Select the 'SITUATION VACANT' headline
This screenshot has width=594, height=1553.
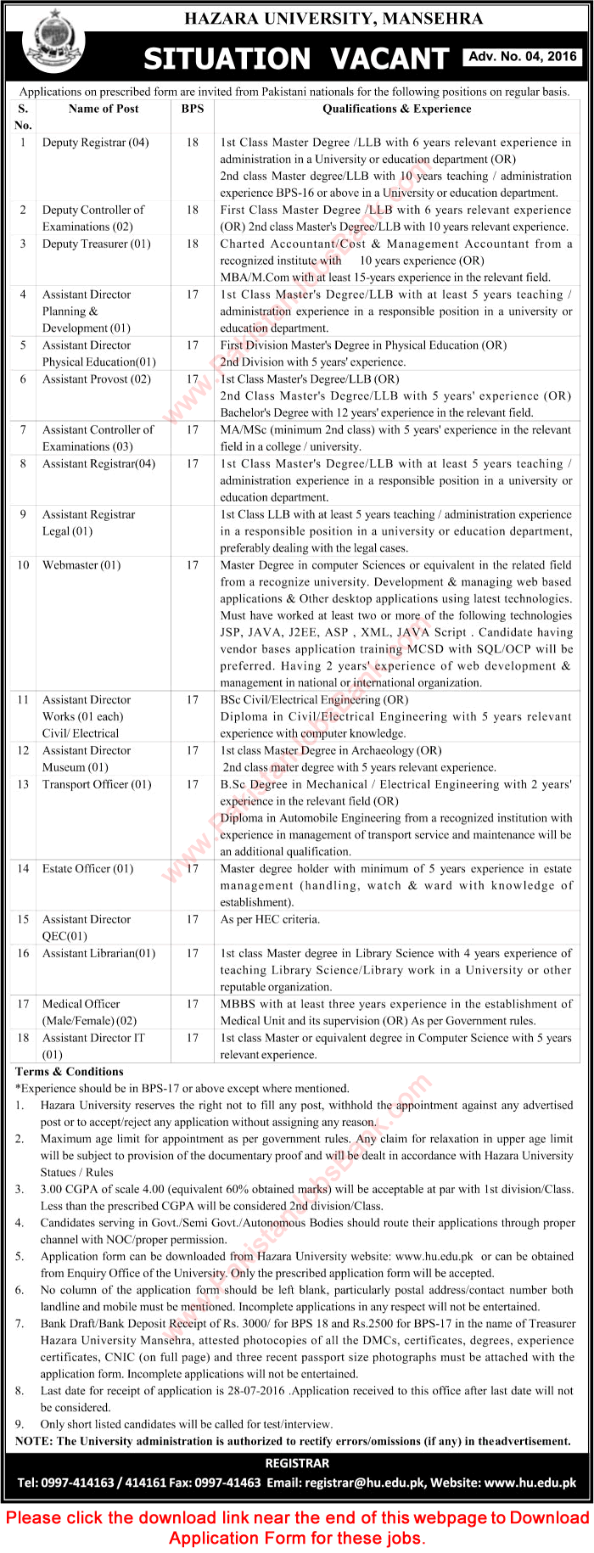click(296, 58)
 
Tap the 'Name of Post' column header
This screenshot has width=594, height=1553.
click(104, 109)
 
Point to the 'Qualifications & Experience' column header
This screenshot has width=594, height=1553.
click(396, 109)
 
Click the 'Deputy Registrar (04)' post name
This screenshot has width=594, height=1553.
click(95, 143)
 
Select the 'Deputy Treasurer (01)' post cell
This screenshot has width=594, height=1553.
click(96, 244)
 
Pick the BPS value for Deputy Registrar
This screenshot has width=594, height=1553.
click(193, 143)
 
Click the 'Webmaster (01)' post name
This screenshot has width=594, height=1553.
click(81, 565)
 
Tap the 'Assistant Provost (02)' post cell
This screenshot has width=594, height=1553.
click(97, 379)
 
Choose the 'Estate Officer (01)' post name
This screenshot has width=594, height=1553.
click(87, 868)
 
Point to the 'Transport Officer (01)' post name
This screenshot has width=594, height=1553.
click(97, 784)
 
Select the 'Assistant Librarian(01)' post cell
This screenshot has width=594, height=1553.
click(98, 953)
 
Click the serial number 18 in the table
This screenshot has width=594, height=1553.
click(23, 1038)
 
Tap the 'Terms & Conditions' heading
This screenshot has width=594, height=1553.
click(70, 1072)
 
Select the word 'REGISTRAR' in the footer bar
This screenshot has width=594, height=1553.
click(297, 1463)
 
